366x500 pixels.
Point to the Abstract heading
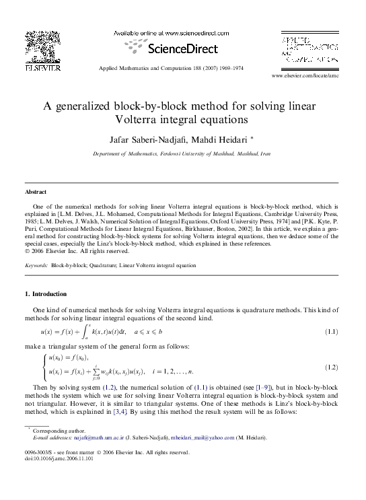pyautogui.click(x=35, y=192)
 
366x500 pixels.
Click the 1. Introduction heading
pyautogui.click(x=46, y=294)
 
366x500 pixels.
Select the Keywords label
pyautogui.click(x=36, y=266)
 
